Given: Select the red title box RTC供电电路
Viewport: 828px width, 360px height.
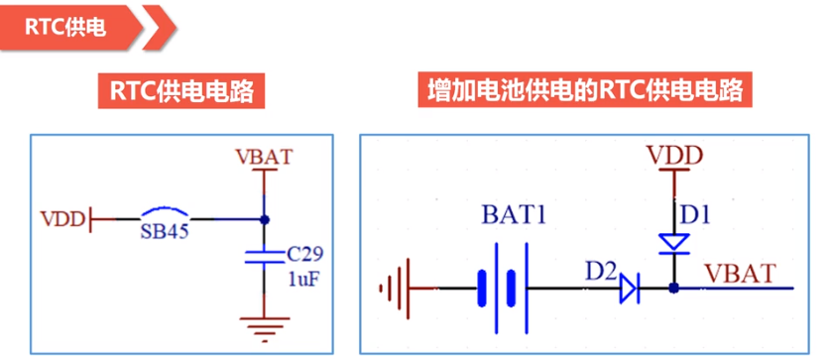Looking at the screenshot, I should pos(177,93).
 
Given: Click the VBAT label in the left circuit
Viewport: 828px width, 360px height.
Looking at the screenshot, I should pos(265,157).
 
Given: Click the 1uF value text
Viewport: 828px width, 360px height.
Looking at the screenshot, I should pos(302,280).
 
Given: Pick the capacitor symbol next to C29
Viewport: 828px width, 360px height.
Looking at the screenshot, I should pos(264,258).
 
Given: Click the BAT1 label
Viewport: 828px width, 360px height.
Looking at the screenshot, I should pos(517,214).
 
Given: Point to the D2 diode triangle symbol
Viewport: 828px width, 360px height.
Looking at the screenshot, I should pos(628,289).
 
